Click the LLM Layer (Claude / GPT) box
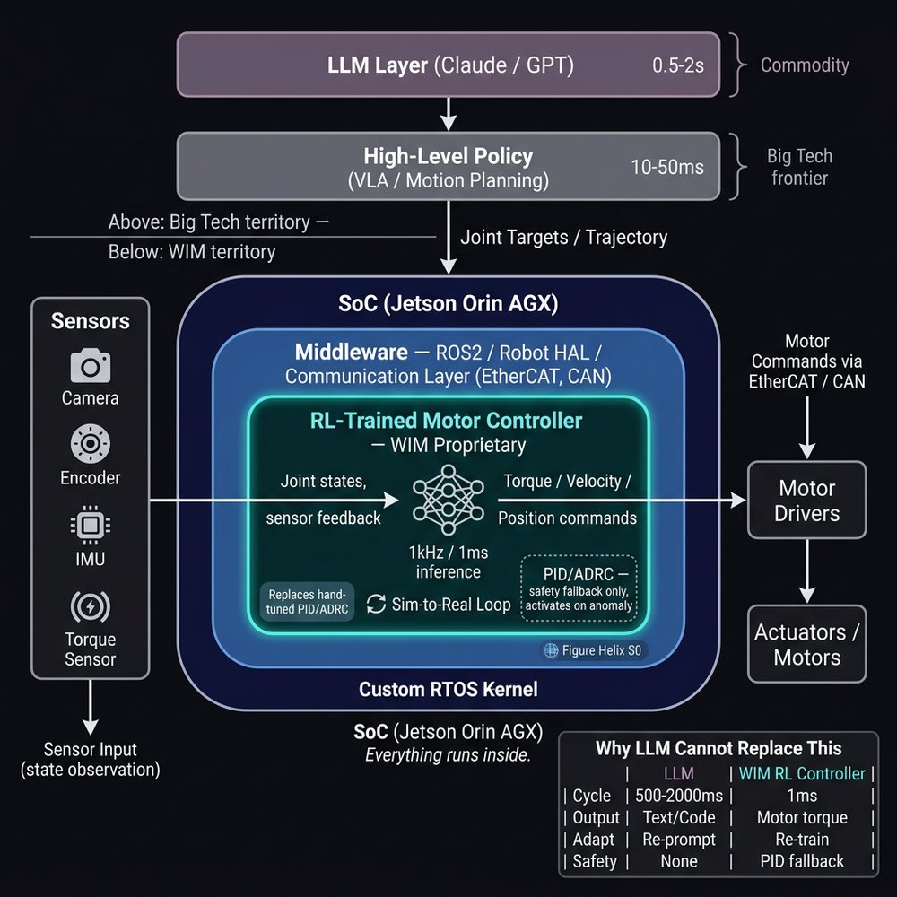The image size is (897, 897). (448, 65)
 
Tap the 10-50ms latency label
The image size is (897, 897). (666, 167)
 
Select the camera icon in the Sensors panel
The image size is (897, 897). (90, 365)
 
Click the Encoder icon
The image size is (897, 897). (90, 445)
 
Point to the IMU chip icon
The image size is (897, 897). (90, 526)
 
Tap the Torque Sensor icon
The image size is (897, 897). (90, 607)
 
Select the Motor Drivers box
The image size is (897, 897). (807, 501)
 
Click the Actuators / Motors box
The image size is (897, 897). (807, 644)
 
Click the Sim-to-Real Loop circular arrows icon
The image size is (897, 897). (377, 604)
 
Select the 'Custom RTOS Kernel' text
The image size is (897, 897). (448, 689)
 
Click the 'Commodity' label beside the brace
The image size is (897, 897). (805, 65)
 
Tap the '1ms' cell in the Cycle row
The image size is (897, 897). (800, 796)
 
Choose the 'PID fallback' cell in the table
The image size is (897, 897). (800, 861)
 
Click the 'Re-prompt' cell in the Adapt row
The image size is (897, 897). (678, 840)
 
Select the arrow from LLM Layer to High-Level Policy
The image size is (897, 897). (448, 114)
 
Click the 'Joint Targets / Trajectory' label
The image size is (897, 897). (563, 238)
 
